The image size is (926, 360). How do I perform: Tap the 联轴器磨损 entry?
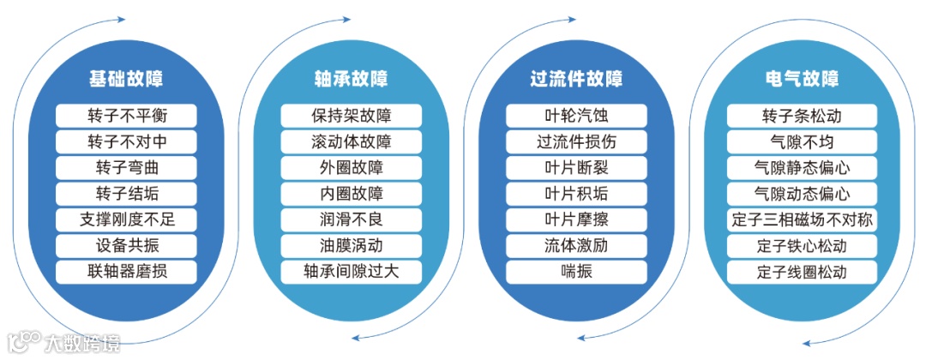pyautogui.click(x=126, y=273)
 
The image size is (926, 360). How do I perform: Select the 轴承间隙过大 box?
pyautogui.click(x=352, y=273)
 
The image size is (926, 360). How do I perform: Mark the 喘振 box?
pyautogui.click(x=576, y=273)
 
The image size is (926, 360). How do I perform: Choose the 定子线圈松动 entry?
pyautogui.click(x=802, y=273)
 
